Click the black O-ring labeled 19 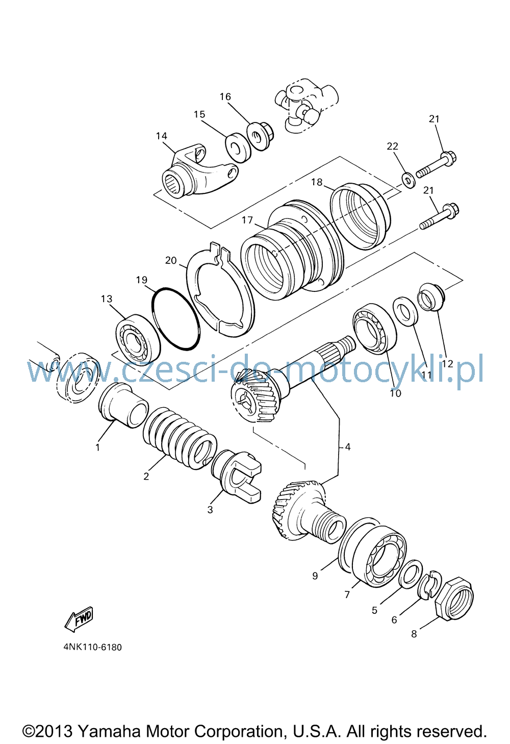[x=176, y=319]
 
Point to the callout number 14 [x=162, y=136]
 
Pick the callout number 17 [x=247, y=220]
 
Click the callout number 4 [x=348, y=447]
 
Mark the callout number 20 [x=171, y=260]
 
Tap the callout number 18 [x=317, y=182]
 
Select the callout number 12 [x=448, y=364]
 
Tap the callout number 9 [x=315, y=576]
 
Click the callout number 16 [x=225, y=96]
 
